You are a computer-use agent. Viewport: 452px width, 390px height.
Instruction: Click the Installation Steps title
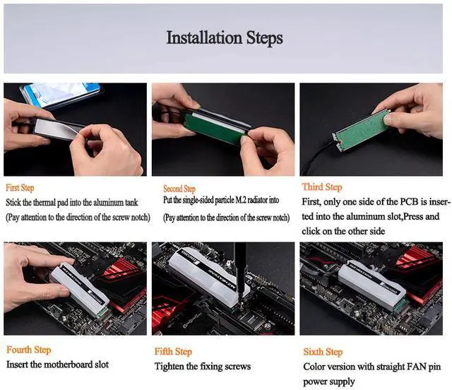(x=225, y=38)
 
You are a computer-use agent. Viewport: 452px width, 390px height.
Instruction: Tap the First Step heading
(x=20, y=188)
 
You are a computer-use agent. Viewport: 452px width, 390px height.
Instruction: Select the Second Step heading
(x=179, y=189)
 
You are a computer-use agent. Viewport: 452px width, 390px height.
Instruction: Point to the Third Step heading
(x=322, y=187)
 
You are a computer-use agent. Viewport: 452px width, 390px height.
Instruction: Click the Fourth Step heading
(x=28, y=350)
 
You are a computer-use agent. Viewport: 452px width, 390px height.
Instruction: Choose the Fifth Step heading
(x=173, y=351)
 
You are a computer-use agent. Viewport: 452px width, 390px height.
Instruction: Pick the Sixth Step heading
(x=323, y=352)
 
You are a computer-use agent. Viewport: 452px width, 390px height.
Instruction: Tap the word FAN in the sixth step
(x=416, y=367)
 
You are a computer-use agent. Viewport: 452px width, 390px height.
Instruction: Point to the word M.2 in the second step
(x=241, y=200)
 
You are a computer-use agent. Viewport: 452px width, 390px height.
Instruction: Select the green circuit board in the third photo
(x=361, y=130)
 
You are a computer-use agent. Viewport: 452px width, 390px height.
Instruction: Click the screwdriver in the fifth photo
(x=240, y=274)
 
